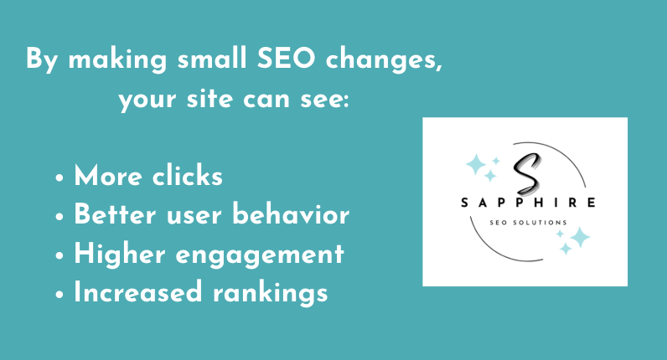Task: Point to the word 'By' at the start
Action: pyautogui.click(x=42, y=61)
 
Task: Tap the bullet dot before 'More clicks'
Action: pyautogui.click(x=61, y=178)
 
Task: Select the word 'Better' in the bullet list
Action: pyautogui.click(x=113, y=215)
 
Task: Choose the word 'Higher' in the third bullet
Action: pyautogui.click(x=113, y=254)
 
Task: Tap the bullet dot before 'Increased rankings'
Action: pyautogui.click(x=61, y=294)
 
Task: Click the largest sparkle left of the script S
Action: pyautogui.click(x=477, y=165)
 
